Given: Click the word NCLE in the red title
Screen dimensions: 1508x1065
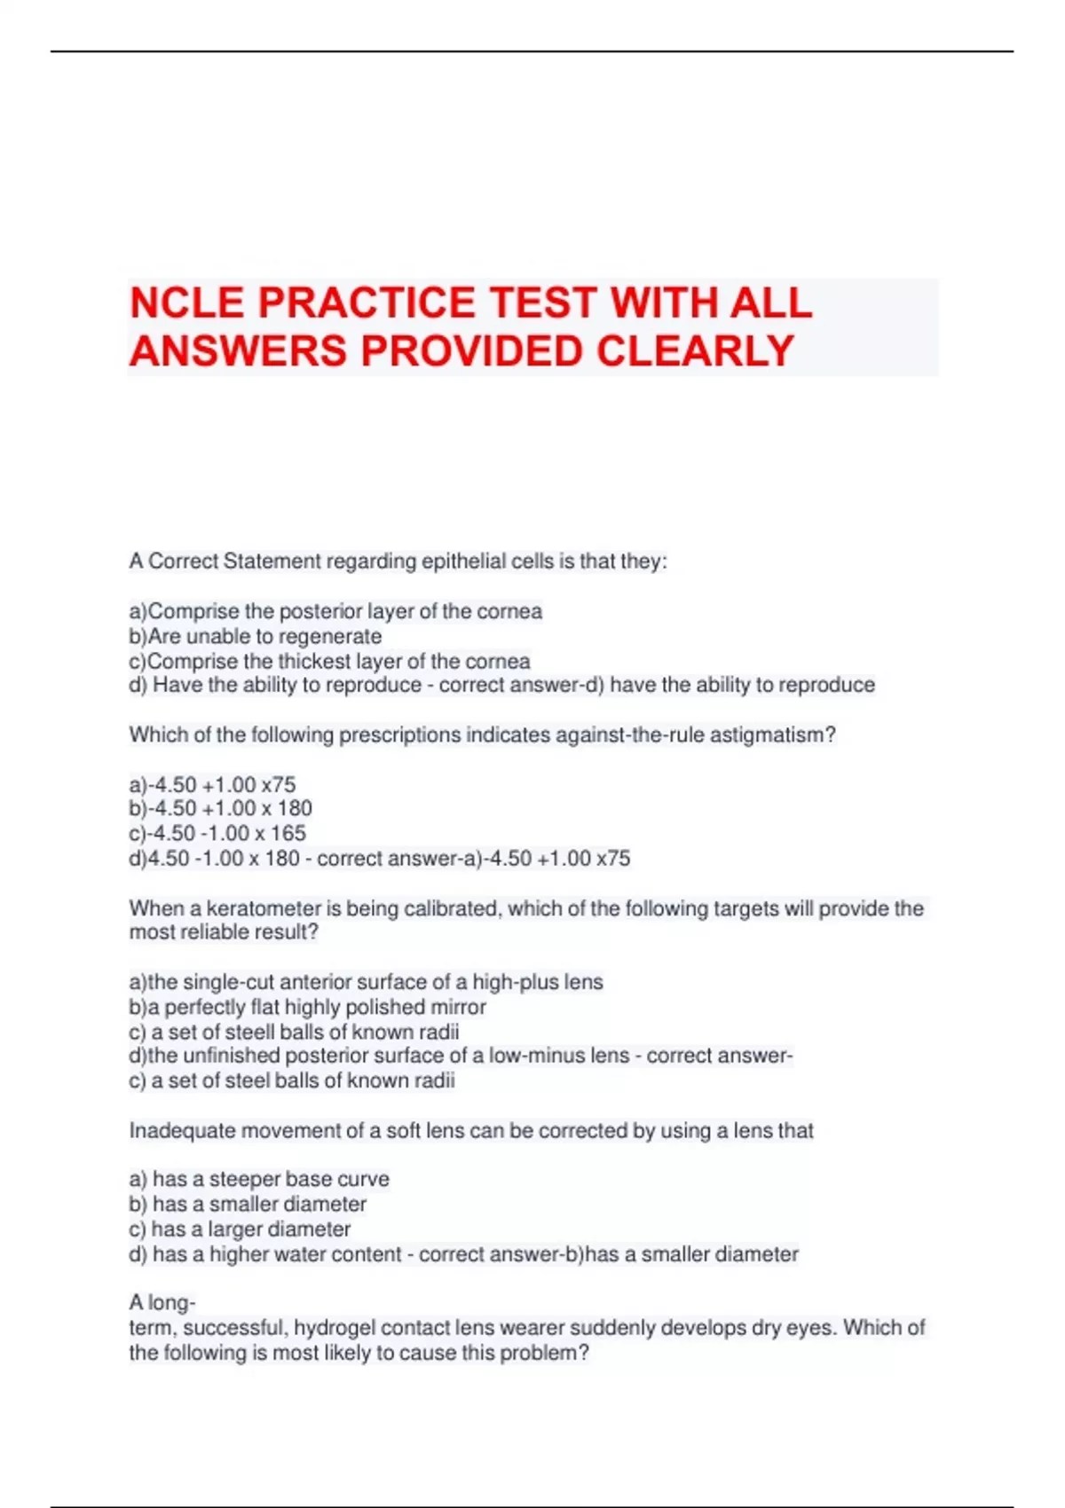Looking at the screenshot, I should [187, 303].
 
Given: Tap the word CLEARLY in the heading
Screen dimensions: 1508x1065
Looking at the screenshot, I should [695, 351].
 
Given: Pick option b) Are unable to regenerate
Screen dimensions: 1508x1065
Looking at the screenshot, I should [256, 636].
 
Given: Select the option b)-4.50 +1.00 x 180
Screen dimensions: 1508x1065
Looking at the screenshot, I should [221, 808].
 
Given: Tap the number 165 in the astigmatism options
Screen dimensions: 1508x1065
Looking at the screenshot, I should [288, 833].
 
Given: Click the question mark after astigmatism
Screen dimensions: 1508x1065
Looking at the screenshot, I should [831, 735].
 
